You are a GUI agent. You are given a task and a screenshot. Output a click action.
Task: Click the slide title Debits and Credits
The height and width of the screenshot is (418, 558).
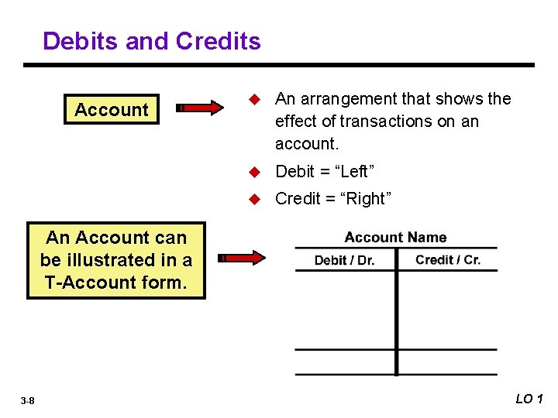coord(152,40)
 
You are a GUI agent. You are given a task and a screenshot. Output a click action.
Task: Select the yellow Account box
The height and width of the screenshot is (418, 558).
coord(112,109)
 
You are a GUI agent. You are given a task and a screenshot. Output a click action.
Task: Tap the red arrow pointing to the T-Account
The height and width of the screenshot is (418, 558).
coord(241,258)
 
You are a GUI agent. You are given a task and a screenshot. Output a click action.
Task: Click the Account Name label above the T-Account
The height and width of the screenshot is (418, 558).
coord(395,238)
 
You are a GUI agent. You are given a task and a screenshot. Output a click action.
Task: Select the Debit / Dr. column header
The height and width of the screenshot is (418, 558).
coord(344,260)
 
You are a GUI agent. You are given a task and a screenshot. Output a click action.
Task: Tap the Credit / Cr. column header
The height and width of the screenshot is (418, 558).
coord(448,259)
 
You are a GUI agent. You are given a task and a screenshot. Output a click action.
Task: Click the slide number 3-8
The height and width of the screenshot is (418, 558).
coord(27,400)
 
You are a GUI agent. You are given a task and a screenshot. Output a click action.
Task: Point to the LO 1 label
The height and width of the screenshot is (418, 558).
coord(529,399)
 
